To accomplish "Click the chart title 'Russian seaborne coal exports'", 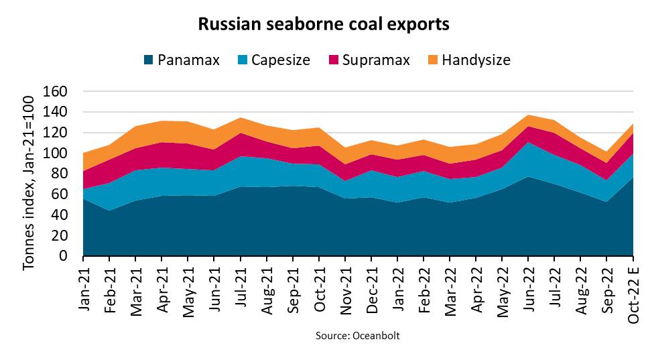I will [x=323, y=25].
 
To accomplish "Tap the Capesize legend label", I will [x=280, y=60].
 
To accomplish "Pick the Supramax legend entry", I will [x=368, y=60].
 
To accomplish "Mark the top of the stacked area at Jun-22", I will [x=529, y=115].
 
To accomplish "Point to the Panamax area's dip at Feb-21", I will [x=109, y=211].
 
